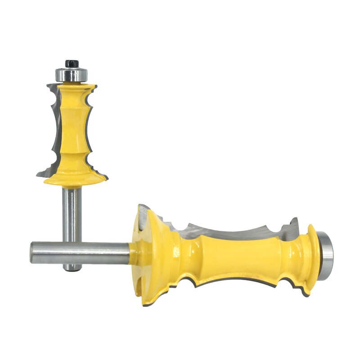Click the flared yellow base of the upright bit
(75, 178)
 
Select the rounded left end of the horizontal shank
(33, 252)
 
